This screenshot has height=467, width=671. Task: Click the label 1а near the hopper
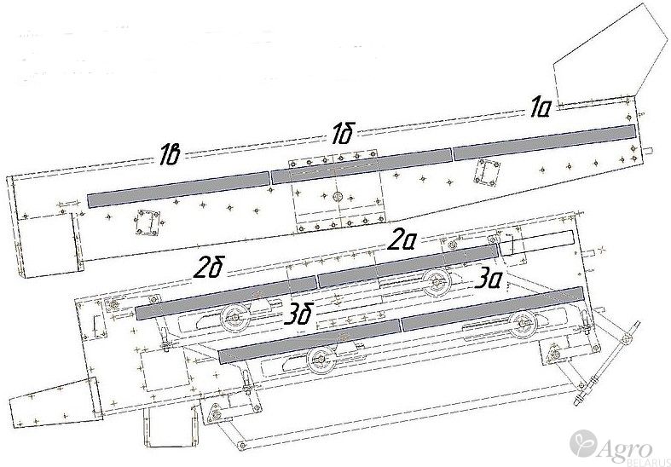[x=541, y=107]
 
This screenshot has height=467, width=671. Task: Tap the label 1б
[x=344, y=134]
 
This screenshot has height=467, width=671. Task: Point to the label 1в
[x=169, y=155]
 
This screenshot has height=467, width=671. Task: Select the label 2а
[x=402, y=241]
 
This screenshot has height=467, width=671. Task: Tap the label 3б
[x=298, y=315]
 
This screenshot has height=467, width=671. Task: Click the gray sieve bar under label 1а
[x=544, y=142]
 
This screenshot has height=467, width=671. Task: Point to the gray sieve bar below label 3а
[x=493, y=308]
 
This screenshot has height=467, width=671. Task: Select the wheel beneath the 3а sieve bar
[x=523, y=324]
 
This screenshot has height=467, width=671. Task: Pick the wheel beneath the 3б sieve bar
[x=322, y=360]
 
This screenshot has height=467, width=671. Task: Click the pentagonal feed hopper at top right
[x=608, y=55]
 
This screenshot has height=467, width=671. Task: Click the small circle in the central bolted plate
[x=338, y=197]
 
